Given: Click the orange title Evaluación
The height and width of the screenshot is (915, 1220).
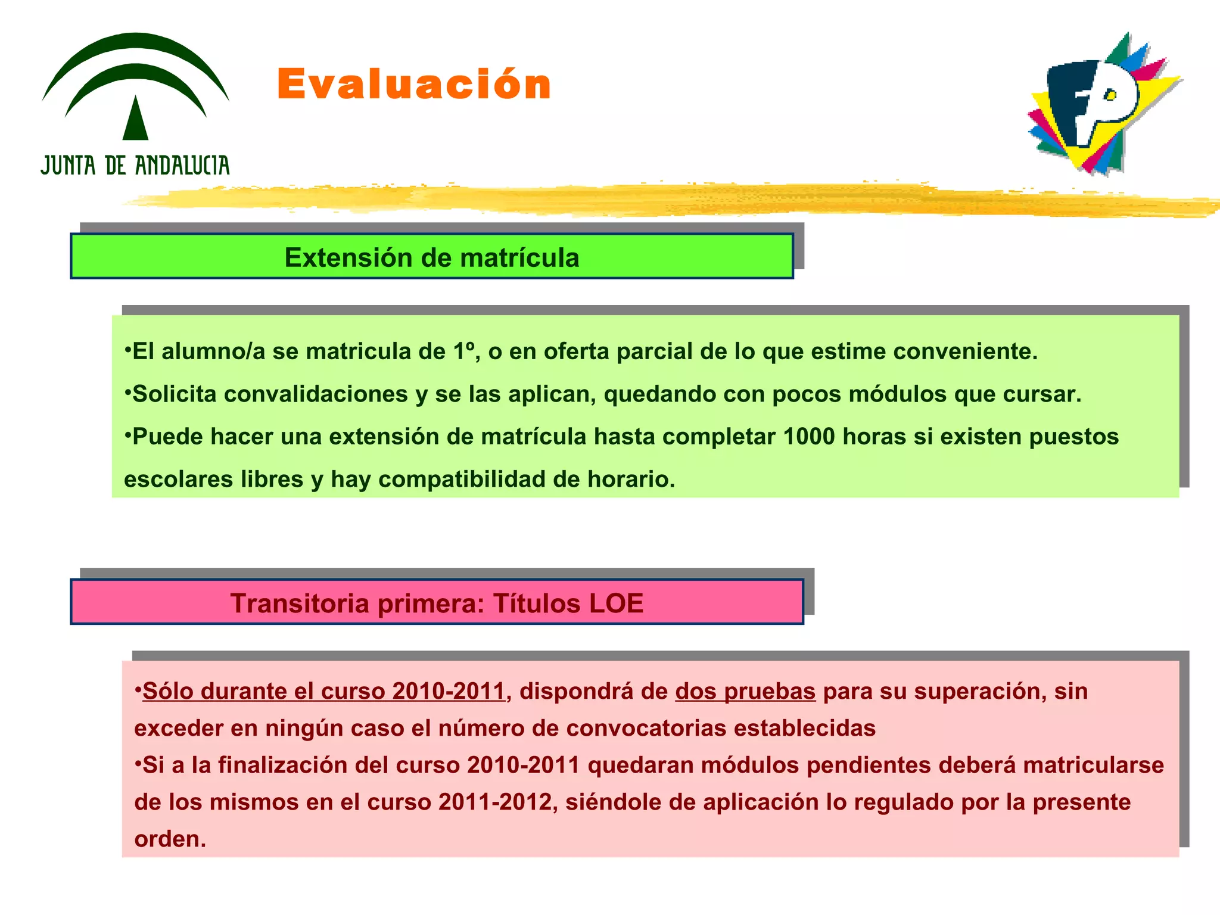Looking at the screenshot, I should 414,84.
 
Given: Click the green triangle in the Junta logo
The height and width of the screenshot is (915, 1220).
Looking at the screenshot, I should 135,119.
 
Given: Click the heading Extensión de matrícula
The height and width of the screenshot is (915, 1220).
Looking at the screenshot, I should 431,258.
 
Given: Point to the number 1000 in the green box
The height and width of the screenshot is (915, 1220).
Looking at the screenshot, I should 809,437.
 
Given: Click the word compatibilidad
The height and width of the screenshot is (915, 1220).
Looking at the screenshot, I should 462,480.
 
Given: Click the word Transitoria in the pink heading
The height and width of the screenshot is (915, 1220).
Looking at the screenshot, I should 300,603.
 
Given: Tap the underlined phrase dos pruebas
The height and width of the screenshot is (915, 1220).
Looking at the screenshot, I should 745,692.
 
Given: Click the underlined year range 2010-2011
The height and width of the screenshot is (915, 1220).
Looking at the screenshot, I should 449,692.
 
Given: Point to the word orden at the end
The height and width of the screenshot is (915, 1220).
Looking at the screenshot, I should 170,839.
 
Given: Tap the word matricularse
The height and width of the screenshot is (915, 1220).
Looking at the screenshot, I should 1094,765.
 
